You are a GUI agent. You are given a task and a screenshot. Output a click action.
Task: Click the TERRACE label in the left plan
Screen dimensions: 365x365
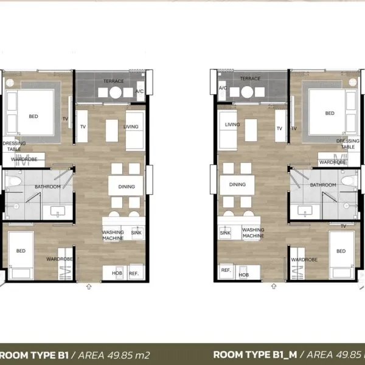114,81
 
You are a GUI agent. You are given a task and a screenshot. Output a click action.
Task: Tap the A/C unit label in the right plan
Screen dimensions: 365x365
223,88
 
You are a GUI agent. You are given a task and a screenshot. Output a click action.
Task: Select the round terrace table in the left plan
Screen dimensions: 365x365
116,92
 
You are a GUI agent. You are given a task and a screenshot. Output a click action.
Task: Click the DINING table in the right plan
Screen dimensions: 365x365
237,185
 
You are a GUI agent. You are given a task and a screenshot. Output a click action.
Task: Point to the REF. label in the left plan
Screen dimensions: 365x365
134,274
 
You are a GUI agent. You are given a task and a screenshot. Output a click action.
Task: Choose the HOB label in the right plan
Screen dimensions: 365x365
244,275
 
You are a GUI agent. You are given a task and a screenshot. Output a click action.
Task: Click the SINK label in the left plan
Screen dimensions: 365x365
136,232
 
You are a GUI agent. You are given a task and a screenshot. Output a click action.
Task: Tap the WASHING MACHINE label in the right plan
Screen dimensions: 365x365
253,233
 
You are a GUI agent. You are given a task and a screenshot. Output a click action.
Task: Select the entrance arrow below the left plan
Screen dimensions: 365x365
89,287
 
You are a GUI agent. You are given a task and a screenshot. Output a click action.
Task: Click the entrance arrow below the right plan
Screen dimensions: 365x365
274,287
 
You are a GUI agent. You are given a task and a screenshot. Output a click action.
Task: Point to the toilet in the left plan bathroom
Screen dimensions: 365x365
13,181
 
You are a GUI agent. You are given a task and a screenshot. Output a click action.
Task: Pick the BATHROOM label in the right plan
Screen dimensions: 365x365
323,185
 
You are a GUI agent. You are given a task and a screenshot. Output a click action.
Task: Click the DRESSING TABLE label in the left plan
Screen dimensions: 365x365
14,146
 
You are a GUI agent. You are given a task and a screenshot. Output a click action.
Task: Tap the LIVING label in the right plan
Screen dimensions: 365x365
232,125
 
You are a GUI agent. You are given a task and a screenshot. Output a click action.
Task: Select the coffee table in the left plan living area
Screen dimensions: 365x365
112,131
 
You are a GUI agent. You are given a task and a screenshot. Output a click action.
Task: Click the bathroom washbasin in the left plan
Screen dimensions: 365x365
58,212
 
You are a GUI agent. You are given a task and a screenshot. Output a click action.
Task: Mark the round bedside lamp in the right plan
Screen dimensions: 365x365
353,82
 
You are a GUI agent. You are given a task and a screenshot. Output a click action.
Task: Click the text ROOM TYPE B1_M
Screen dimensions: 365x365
255,355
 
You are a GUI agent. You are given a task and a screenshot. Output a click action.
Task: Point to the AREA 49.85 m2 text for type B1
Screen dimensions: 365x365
114,355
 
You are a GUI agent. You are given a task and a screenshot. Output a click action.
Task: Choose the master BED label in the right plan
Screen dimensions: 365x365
330,113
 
